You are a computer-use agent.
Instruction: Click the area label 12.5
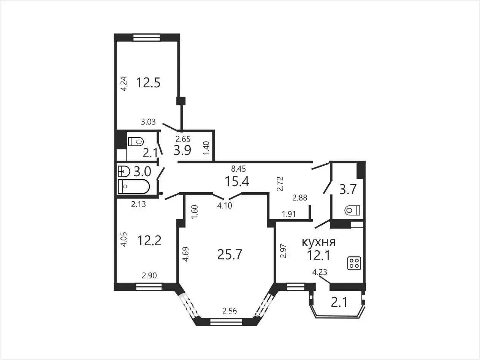point(148,83)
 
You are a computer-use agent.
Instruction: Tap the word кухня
point(318,242)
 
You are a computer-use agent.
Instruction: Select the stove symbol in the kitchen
point(354,263)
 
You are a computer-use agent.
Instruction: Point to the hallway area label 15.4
point(237,181)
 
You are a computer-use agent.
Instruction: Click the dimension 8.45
point(238,169)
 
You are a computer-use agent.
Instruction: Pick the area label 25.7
point(230,254)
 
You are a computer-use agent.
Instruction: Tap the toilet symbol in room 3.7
point(352,211)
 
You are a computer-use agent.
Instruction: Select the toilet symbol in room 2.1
point(136,142)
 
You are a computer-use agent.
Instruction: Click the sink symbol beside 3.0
point(124,171)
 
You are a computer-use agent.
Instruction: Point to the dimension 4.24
point(124,84)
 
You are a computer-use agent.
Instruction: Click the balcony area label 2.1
point(339,303)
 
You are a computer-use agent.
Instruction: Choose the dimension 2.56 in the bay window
point(230,310)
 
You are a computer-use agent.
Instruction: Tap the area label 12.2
point(149,240)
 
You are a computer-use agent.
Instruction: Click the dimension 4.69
point(186,254)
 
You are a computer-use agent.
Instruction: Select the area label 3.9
point(182,150)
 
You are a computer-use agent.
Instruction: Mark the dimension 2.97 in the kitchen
point(284,251)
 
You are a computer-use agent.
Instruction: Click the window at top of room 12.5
point(147,37)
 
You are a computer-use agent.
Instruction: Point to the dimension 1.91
point(289,214)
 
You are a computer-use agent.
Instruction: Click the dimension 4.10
point(225,205)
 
